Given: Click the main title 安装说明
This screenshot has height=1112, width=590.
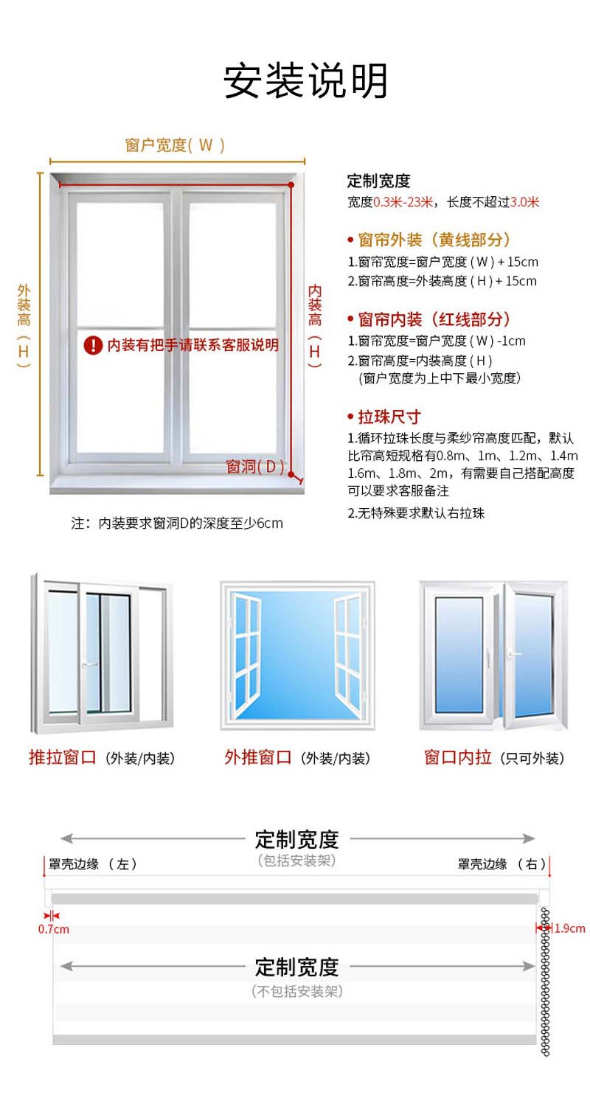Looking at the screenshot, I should (305, 81).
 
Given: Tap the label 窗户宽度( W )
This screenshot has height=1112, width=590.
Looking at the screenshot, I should (176, 145).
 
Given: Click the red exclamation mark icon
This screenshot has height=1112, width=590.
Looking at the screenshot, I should (93, 344).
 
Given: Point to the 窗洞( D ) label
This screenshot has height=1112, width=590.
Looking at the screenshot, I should (254, 466).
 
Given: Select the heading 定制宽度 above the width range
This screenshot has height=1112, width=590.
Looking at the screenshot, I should (378, 181).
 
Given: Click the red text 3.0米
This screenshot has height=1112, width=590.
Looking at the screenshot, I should (524, 202).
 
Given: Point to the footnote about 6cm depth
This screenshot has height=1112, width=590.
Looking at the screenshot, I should (177, 524).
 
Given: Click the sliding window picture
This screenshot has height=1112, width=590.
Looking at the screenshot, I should (102, 653).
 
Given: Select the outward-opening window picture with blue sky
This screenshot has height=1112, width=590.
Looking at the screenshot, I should (297, 655).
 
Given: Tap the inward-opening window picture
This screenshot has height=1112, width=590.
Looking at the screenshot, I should (493, 655).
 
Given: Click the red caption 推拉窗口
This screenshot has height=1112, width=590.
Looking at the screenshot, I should (63, 757).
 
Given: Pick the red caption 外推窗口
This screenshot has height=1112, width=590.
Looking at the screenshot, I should (258, 757).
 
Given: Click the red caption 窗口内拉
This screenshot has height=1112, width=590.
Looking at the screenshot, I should (457, 757).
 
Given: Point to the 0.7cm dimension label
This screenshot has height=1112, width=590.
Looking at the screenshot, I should (53, 929).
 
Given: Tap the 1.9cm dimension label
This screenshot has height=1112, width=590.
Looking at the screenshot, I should (569, 928).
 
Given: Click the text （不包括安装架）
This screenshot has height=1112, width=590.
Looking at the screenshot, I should (297, 992).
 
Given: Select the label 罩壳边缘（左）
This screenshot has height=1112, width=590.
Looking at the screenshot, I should (93, 864).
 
